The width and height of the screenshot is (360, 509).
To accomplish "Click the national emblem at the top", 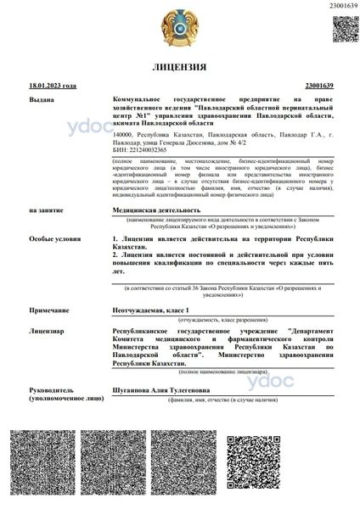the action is (179, 31).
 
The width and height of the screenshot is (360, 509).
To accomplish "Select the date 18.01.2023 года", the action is (53, 87).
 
